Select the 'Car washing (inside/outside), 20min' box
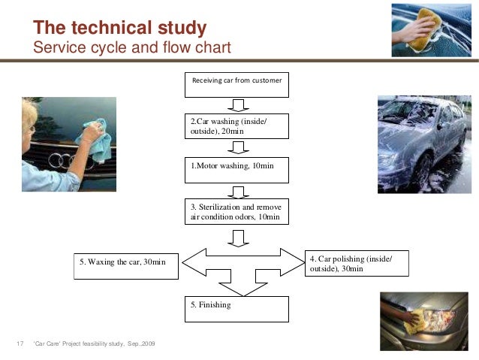click(236, 126)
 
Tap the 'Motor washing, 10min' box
click(236, 170)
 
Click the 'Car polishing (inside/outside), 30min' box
click(357, 264)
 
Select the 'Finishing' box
click(236, 309)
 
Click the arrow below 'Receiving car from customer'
click(239, 104)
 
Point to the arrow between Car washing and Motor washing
click(238, 147)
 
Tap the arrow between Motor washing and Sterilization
click(239, 190)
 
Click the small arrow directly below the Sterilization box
click(239, 237)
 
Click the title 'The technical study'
click(120, 29)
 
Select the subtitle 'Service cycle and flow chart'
click(132, 47)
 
